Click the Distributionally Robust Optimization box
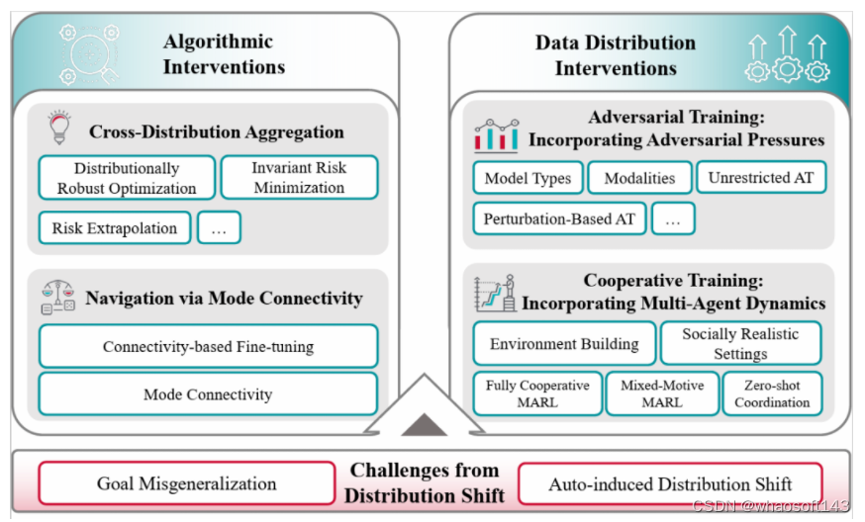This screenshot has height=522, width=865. coord(127,178)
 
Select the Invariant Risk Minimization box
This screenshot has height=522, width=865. coord(299,178)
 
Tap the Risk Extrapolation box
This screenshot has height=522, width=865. coord(114,228)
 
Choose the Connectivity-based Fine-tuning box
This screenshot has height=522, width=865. coord(208,346)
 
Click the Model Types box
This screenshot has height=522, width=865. coord(528,179)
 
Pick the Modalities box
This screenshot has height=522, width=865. coord(639,179)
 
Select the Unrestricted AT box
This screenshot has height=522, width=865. coord(761,178)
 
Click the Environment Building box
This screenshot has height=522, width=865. coord(564,344)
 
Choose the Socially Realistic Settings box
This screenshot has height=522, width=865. coord(740,344)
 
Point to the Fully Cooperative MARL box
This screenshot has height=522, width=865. coord(537,393)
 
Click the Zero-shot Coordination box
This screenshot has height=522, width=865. coord(772,393)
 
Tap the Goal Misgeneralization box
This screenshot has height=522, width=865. coord(186,483)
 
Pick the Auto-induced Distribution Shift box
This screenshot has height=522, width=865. coord(670,483)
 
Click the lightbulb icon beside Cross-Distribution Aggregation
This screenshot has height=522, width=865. coord(57,130)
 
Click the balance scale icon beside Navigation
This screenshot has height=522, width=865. coord(57,297)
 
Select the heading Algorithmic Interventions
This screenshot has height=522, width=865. coord(224,54)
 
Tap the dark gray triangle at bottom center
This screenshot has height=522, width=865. coord(424,425)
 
